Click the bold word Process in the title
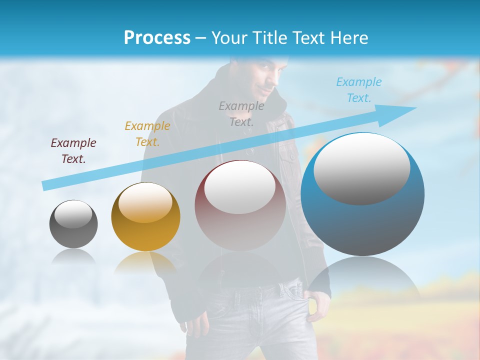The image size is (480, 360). click(x=157, y=38)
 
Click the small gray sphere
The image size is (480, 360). click(x=73, y=230)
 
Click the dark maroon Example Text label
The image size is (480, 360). click(x=73, y=150)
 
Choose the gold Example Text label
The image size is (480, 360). click(x=147, y=133)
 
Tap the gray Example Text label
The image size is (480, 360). click(x=241, y=113)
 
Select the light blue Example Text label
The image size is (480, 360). click(x=358, y=89)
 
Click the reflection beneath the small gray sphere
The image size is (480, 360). click(x=73, y=256)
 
